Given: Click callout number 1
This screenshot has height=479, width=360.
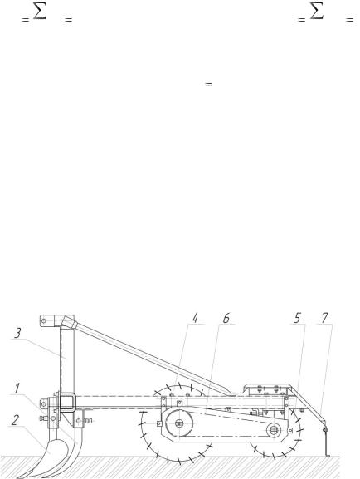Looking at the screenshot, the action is tap(17, 388).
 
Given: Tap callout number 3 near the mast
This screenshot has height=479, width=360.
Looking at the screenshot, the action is tap(18, 333).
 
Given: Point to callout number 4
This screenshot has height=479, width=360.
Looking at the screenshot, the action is tap(195, 318).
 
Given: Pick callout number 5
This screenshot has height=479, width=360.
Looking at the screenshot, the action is tap(298, 318).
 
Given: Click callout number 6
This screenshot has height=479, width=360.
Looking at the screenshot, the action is tap(226, 318).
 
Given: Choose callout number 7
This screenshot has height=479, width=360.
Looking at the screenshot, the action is tap(324, 318).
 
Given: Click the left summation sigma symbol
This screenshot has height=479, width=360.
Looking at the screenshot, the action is tap(40, 12).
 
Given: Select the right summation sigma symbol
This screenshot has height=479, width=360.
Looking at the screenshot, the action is tap(317, 12).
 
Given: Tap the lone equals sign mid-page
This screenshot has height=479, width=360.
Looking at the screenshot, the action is tap(208, 84).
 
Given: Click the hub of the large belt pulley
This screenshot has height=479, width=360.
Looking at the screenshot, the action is tap(179, 423).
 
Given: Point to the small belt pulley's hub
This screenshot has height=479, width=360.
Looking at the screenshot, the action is tap(274, 430).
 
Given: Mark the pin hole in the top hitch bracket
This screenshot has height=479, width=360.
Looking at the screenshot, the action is tap(44, 320).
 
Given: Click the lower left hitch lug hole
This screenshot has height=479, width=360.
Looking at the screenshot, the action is tap(43, 404).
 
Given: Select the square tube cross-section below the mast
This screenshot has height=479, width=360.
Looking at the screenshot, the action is tap(67, 401).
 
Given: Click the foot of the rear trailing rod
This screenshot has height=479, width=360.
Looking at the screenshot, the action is tap(328, 456).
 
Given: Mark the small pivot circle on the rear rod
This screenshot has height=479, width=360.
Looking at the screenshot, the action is tap(325, 430).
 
